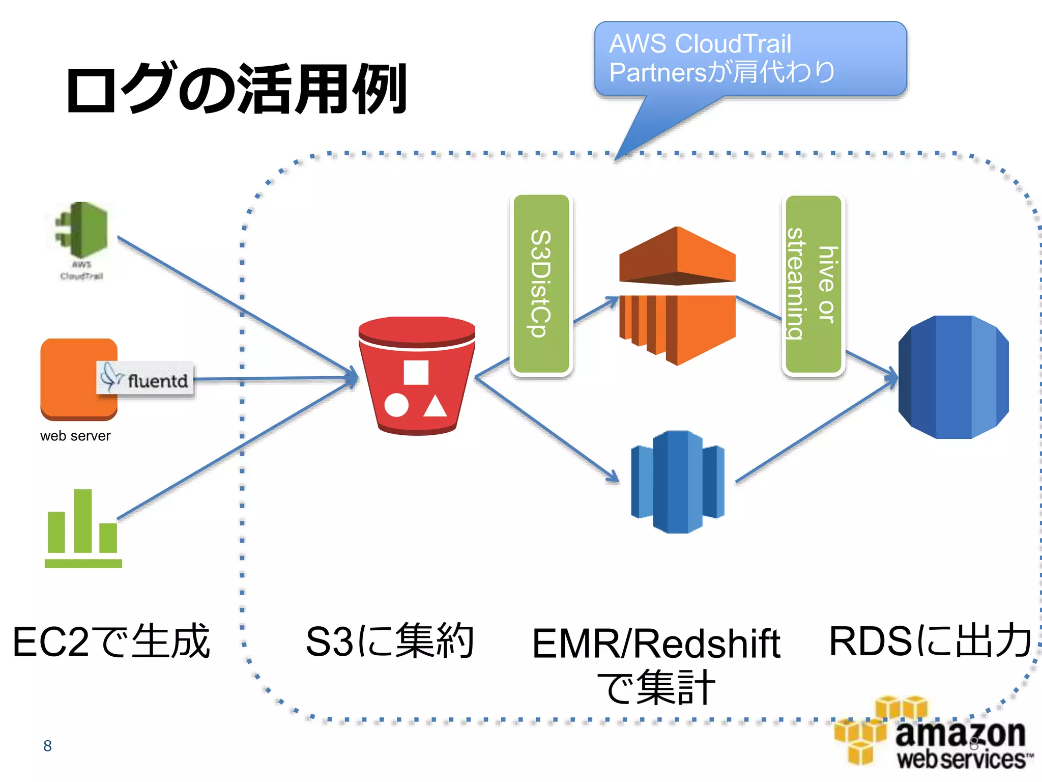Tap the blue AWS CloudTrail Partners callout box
coord(750,59)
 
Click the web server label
coord(75,436)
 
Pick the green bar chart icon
coord(83,529)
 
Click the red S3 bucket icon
coord(416,376)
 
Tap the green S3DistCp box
coord(541,284)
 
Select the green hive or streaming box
coord(813,284)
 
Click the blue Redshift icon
coord(677,482)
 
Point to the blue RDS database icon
coord(953,377)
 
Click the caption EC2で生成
coord(111,641)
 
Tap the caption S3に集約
coord(390,641)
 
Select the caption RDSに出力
coord(930,640)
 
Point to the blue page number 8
coord(47,746)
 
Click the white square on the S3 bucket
coord(416,372)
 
